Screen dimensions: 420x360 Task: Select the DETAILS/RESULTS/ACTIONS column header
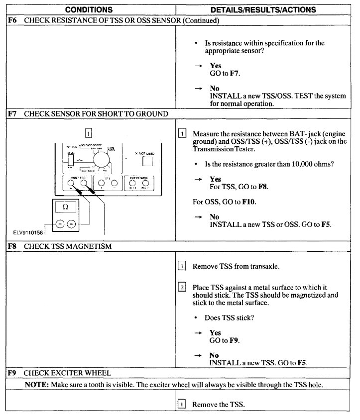tap(263, 10)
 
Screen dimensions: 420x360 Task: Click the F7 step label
tap(13, 113)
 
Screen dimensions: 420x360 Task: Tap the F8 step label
tap(13, 246)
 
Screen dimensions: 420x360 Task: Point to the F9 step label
tap(13, 372)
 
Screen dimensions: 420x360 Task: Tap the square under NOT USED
tap(146, 163)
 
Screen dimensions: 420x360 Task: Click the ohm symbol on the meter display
tap(65, 206)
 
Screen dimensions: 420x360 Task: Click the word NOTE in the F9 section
tap(35, 384)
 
